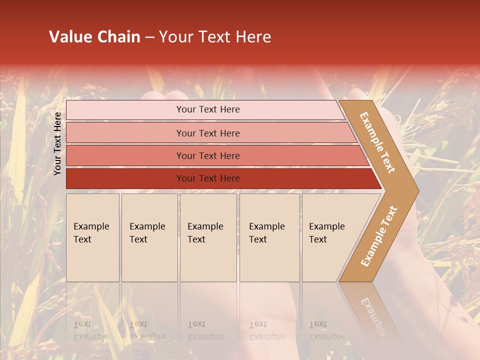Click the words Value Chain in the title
94,37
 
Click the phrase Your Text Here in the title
215,37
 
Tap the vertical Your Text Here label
57,143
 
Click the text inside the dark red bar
208,178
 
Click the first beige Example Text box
92,237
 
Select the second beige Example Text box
149,237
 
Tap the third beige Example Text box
208,237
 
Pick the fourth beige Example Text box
269,237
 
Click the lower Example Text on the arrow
379,236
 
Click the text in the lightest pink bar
208,109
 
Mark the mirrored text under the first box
91,330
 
